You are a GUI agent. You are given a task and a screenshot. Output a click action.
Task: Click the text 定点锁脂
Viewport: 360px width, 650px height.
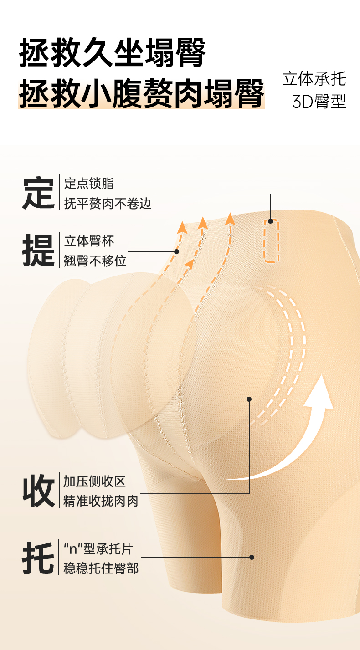(89, 184)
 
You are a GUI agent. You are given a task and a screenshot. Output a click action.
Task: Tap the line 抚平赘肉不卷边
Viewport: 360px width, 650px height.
(108, 203)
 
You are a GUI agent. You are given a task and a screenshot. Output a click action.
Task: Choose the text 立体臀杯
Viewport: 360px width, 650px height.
(89, 241)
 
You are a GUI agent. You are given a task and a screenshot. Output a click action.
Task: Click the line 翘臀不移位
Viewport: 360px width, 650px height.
(95, 261)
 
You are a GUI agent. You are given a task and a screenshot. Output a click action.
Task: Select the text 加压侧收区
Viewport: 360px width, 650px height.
(94, 481)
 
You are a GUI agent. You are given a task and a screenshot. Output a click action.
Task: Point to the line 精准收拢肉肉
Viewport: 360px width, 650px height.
(101, 501)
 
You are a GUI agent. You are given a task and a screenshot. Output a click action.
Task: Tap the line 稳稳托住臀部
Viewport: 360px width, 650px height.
(101, 568)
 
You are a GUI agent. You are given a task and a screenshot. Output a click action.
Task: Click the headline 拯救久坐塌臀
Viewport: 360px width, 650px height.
(112, 53)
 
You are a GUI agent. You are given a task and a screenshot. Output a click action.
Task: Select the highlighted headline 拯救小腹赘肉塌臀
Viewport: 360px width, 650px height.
(141, 94)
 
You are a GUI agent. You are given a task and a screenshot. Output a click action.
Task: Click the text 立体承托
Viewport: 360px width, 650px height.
(314, 78)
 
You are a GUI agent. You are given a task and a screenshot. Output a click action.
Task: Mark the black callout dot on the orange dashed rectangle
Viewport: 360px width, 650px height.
(271, 221)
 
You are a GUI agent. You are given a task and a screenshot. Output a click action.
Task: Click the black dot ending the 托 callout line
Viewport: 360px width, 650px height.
(252, 557)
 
